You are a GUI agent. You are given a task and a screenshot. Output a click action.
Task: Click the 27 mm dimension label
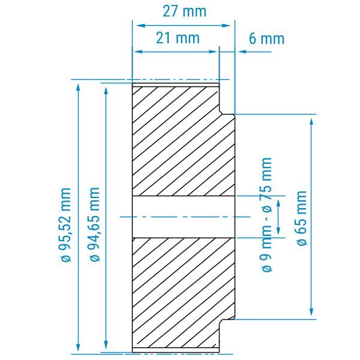[185, 11]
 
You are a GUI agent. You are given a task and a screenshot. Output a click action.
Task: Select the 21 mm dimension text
[178, 38]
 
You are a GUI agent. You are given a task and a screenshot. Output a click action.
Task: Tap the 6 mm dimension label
[266, 38]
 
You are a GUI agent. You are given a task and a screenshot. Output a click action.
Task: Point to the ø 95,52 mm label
[66, 224]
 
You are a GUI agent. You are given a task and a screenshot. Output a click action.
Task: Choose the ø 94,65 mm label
[95, 224]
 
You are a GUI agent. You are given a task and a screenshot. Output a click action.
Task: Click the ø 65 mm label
[302, 218]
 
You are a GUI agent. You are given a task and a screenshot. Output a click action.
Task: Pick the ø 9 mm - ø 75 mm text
[267, 215]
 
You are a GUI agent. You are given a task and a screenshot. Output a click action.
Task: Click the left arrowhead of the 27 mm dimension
[140, 25]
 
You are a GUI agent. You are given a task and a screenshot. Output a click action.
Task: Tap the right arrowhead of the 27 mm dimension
[226, 25]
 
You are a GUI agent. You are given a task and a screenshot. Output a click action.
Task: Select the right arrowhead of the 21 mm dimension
[213, 52]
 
